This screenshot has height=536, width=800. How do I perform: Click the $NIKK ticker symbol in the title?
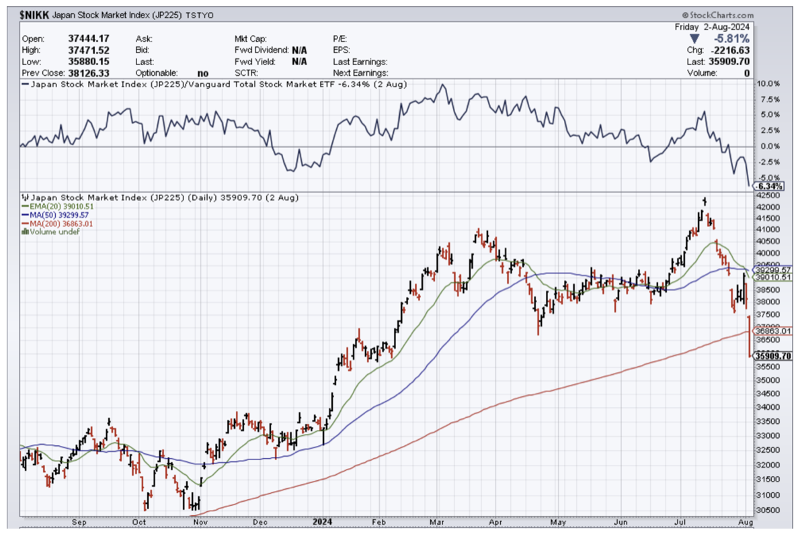(34, 15)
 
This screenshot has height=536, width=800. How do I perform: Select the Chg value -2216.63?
(729, 50)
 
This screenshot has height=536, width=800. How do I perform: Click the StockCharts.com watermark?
(717, 15)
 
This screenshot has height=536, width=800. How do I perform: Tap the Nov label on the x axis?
(200, 521)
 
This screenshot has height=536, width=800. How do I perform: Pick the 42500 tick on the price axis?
(768, 195)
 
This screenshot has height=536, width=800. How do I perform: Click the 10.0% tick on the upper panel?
(768, 84)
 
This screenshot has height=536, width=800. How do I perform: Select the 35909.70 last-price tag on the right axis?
(772, 356)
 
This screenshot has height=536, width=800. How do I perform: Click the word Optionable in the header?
(156, 73)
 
